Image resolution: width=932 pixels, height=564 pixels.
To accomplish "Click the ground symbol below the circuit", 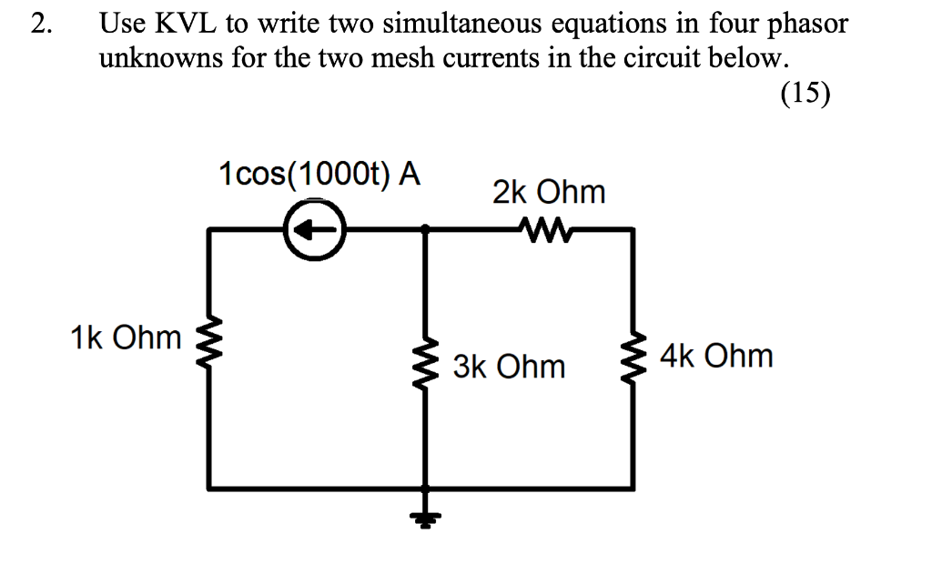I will pos(424,517).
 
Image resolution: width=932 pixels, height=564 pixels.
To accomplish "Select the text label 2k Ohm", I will pos(548,192).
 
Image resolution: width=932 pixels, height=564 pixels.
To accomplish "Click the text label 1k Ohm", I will pos(126,338).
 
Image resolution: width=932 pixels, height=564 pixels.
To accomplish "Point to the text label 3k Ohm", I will pos(509,367).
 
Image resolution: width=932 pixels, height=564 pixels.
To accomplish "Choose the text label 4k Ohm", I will pos(717,356).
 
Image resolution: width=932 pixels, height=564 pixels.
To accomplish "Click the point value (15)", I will pos(805,95).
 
